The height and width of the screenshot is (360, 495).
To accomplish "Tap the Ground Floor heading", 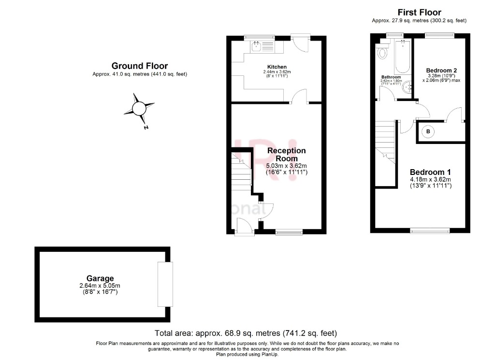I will pos(140,66).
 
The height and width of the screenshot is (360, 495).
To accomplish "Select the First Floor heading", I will pos(419,12).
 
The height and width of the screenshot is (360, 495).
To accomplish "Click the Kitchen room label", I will pos(277,67).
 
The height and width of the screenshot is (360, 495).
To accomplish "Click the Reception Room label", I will pos(287,155).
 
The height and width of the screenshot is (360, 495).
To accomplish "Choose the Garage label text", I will pos(100,278).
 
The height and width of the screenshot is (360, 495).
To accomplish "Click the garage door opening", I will pos(165,284).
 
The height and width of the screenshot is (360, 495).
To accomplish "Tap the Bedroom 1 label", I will pos(430,172).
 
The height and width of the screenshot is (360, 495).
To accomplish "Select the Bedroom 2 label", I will pos(441,71).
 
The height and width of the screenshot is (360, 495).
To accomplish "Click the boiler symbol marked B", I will pos(428,131).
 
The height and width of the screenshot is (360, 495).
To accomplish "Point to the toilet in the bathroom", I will pos(383,52).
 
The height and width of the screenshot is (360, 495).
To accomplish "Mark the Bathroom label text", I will pos(391,77).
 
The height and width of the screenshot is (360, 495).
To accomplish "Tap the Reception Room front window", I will pos(289,232).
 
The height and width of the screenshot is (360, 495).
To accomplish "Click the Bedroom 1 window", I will pos(430,231).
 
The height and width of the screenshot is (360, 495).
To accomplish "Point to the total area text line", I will pos(246,333).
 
